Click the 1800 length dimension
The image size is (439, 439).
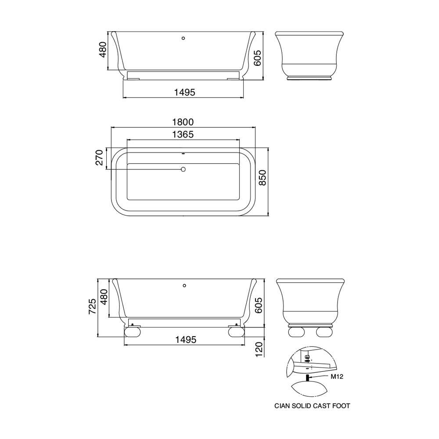(183, 122)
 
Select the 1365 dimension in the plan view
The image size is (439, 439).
(183, 134)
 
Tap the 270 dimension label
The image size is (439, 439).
(99, 157)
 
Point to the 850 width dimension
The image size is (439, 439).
(263, 177)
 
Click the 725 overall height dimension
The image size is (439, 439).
(92, 306)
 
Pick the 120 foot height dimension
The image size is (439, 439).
(259, 349)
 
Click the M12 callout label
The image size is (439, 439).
(337, 377)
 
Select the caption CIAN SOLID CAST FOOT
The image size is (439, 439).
(312, 406)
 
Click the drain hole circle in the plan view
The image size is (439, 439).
(184, 169)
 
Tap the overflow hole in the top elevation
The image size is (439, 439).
(184, 38)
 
